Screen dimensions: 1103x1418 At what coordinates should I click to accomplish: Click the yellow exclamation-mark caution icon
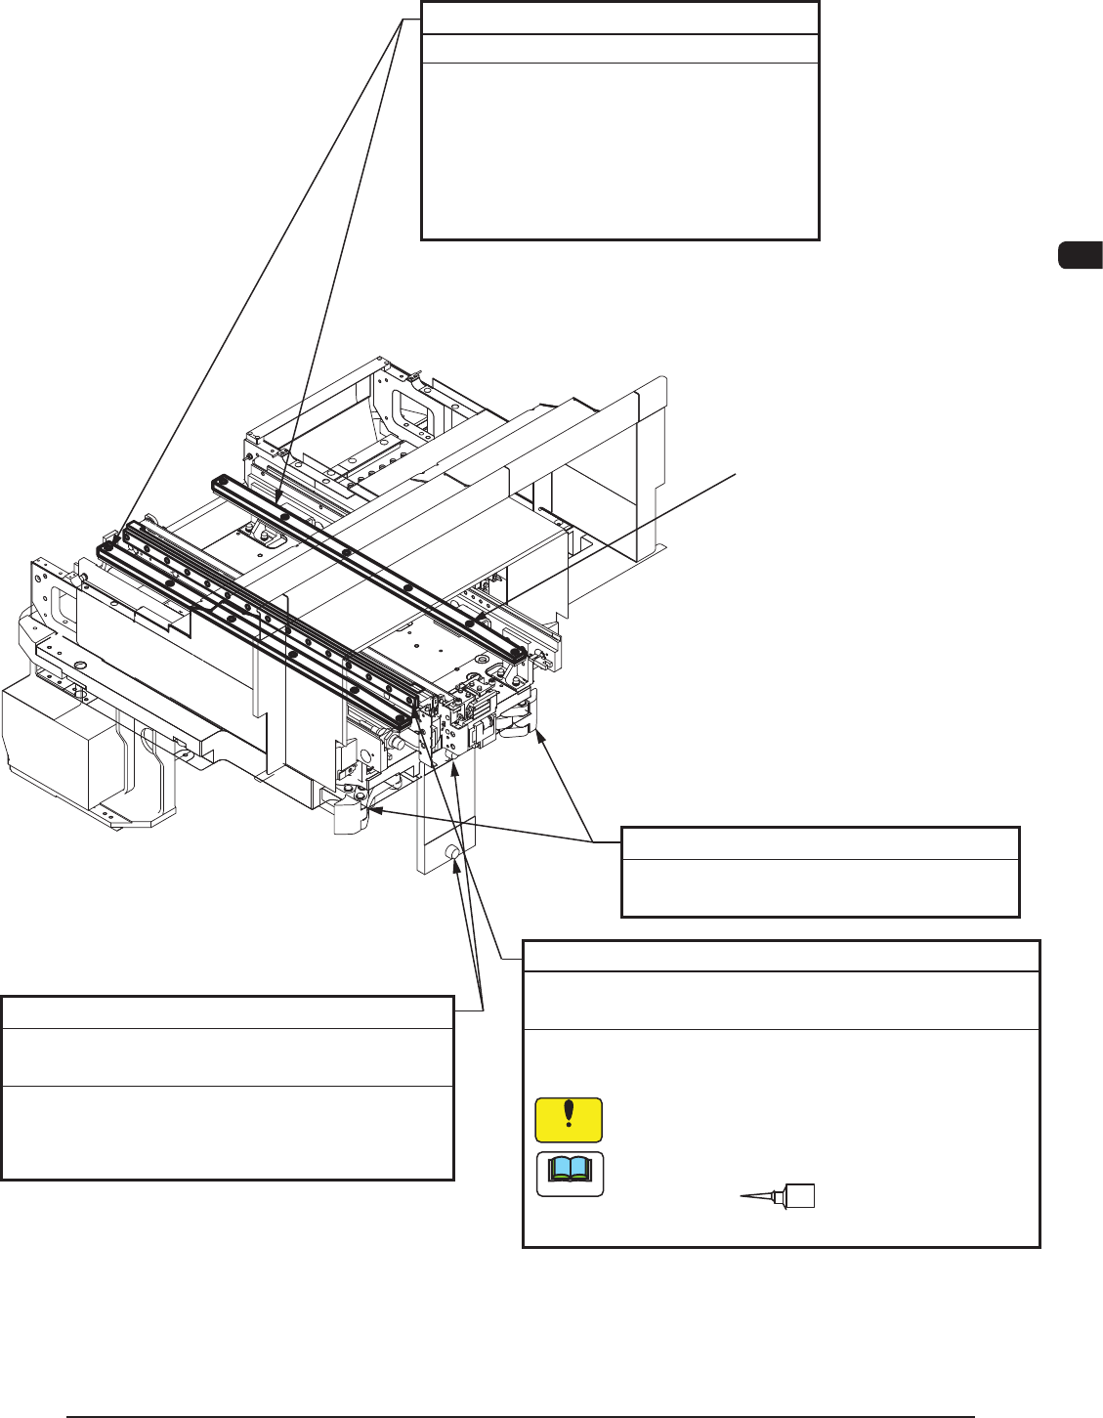pos(569,1120)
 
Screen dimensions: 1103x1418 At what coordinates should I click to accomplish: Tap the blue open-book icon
pos(570,1174)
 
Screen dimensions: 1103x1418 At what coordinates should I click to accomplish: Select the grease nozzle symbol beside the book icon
pos(778,1195)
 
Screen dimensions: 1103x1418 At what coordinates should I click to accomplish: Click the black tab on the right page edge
pos(1081,254)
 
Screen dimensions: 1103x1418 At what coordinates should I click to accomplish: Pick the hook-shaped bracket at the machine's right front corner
pos(519,718)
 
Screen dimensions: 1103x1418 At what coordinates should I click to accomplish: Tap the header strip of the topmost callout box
pos(619,19)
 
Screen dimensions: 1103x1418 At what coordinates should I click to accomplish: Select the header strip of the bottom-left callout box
pos(228,1011)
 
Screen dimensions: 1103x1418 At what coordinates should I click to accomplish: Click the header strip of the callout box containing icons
pos(781,956)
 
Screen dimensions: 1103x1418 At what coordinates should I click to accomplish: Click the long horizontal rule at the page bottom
pos(521,1415)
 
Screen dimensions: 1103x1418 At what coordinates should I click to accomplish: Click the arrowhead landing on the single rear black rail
pos(279,503)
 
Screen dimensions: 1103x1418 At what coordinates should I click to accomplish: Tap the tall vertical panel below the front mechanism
pos(445,821)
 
